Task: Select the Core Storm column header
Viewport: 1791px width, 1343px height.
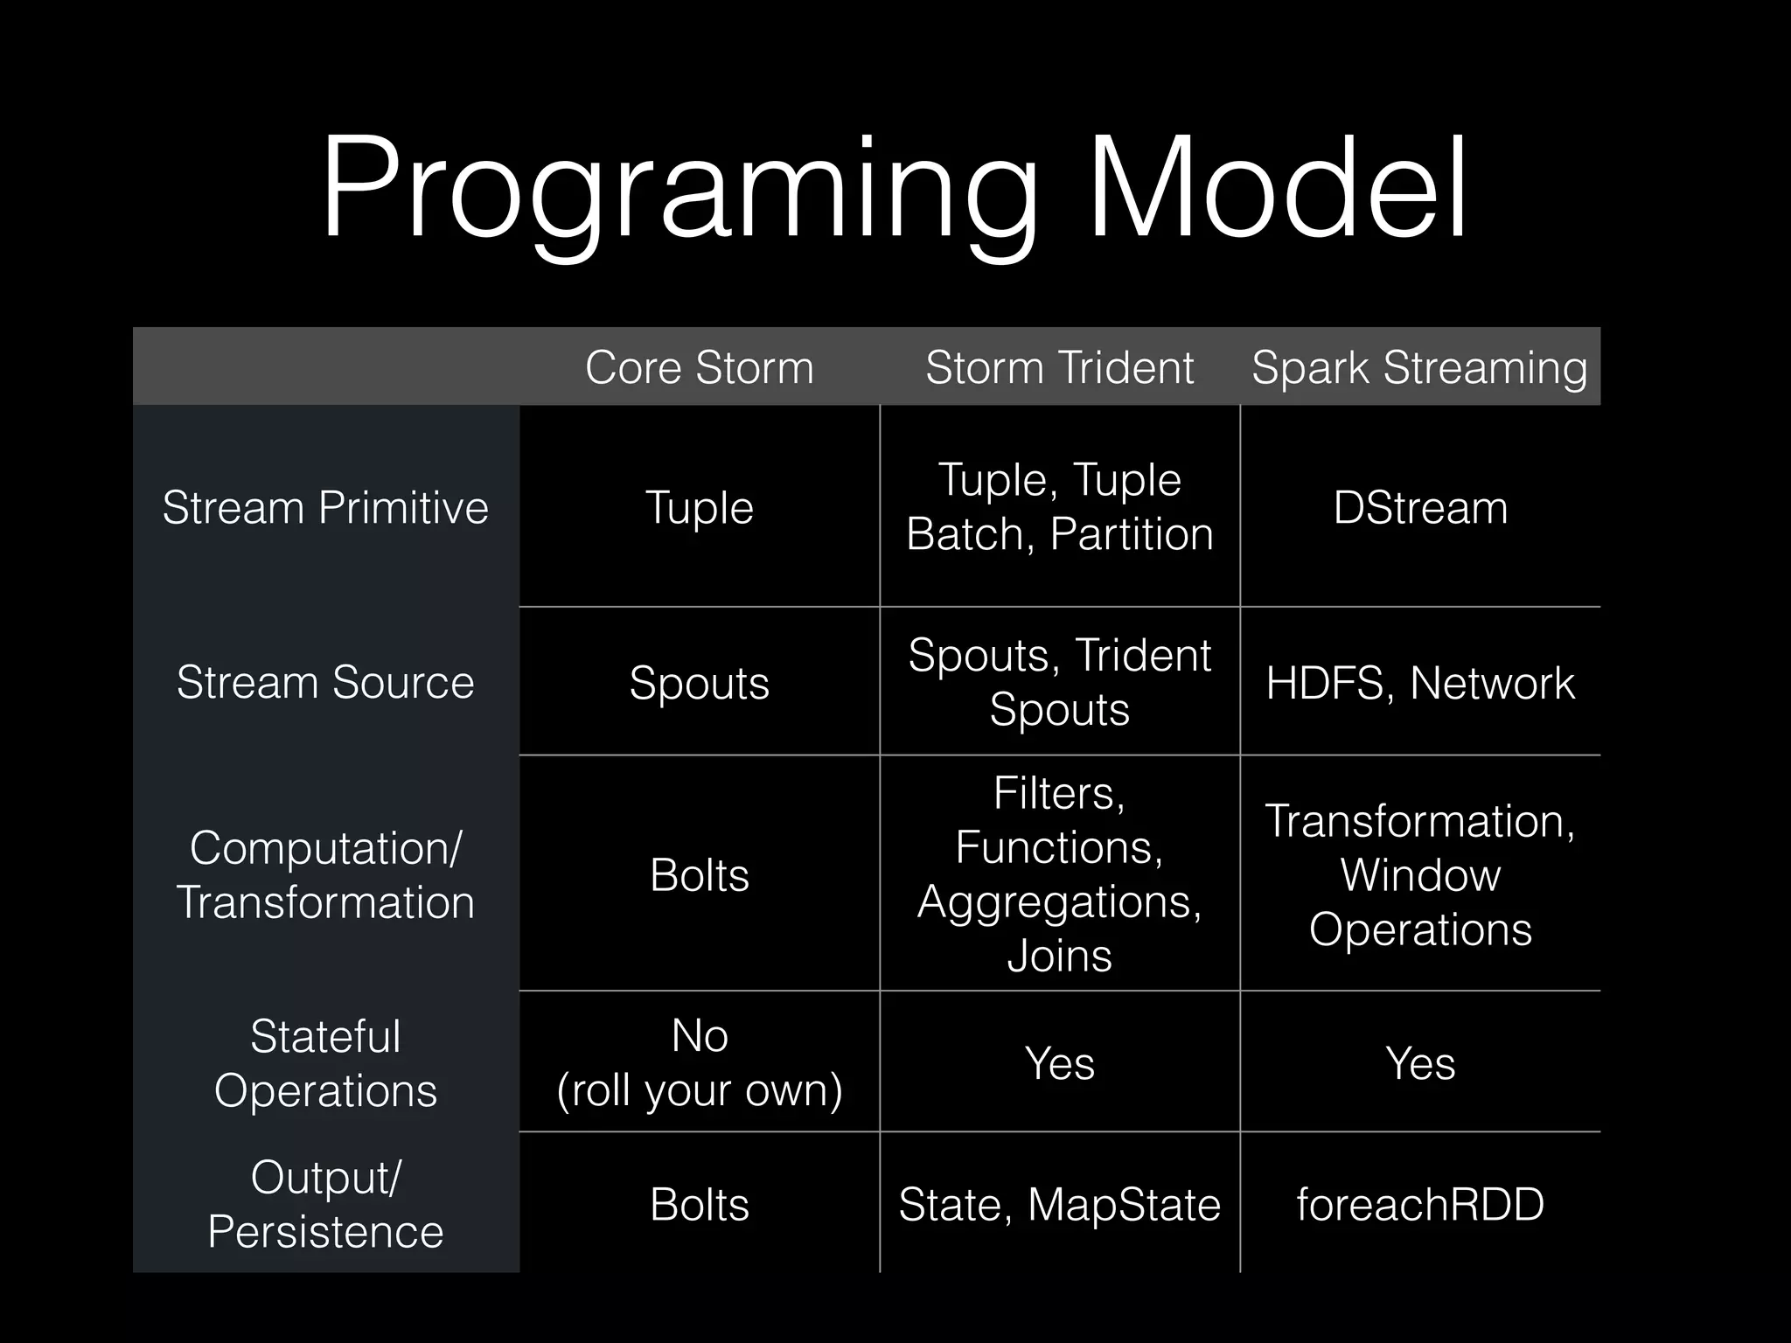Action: [x=700, y=367]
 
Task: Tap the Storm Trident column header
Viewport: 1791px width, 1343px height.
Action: [x=1059, y=367]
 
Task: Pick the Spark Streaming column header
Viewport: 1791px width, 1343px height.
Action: [x=1419, y=367]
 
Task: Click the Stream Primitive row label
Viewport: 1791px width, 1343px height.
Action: [x=325, y=507]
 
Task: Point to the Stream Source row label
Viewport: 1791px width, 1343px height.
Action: [x=325, y=682]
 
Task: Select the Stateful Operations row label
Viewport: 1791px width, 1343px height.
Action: [x=325, y=1063]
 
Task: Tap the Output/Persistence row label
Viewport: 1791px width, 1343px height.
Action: [x=325, y=1204]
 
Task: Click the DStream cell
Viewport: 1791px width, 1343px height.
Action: [x=1420, y=507]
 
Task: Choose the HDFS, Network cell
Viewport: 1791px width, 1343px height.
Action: [x=1420, y=683]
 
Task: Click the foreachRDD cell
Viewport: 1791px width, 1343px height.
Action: [x=1420, y=1204]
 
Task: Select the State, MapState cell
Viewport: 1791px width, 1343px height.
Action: [x=1059, y=1204]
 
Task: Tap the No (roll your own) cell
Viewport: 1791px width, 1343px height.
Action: [x=700, y=1063]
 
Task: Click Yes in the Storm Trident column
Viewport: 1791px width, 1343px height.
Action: [x=1059, y=1063]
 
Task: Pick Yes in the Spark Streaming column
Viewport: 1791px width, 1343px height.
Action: [x=1420, y=1063]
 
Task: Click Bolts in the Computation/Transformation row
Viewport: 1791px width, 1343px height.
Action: [x=700, y=874]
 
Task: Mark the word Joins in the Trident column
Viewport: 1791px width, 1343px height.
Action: [x=1059, y=955]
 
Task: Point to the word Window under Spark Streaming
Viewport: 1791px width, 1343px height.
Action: [x=1420, y=874]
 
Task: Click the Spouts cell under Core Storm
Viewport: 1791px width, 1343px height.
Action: [x=700, y=683]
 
